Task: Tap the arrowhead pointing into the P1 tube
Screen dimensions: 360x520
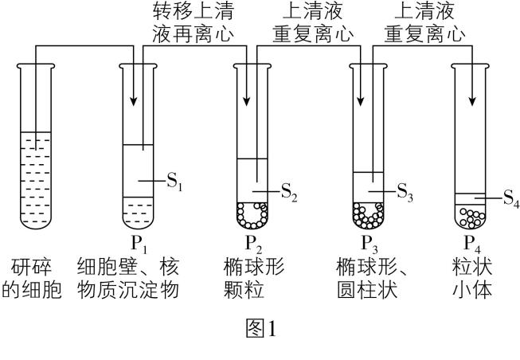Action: pos(133,100)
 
